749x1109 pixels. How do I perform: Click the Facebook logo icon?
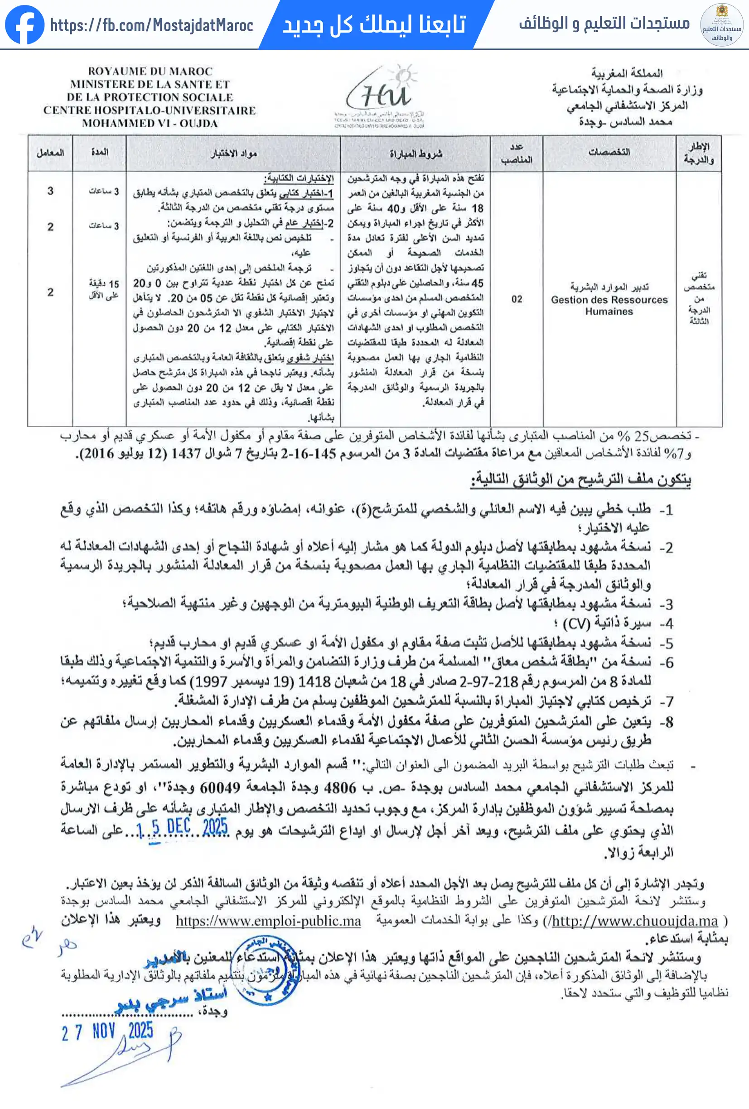24,24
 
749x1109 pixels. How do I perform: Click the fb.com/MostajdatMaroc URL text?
151,25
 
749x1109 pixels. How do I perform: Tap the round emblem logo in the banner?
721,25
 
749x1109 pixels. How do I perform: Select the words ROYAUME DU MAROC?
150,72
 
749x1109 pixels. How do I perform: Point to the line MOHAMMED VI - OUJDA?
150,124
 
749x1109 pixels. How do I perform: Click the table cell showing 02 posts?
517,299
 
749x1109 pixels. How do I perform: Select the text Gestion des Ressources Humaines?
609,305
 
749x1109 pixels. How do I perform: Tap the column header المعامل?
50,153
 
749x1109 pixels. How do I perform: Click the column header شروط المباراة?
416,153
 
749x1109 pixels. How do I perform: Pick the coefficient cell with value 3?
50,191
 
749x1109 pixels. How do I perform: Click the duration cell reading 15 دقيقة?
104,289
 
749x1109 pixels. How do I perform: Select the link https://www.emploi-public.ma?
268,921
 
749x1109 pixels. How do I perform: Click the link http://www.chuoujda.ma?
635,921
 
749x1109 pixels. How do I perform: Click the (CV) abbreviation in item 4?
576,624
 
